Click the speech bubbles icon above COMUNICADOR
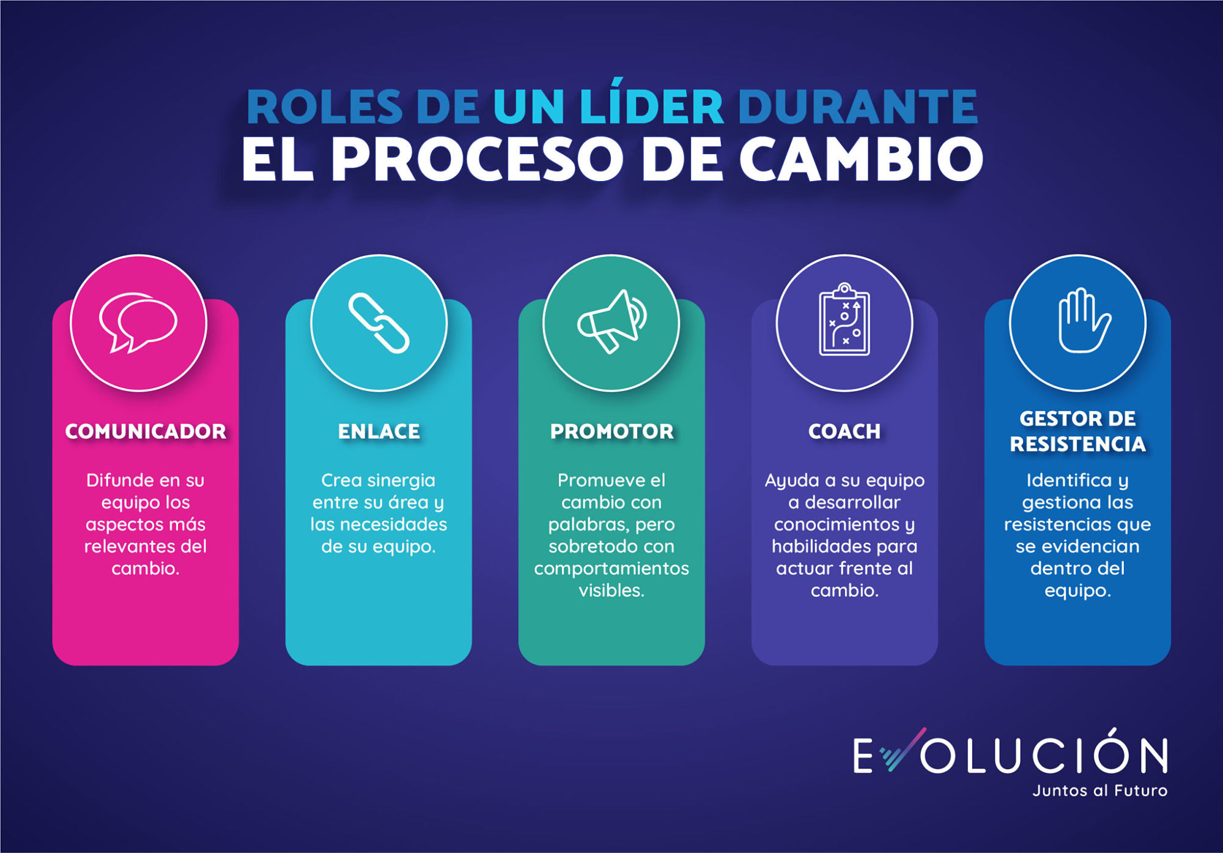[x=138, y=322]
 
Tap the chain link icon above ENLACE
[x=379, y=323]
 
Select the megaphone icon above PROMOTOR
[x=611, y=322]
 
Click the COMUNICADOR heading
[x=146, y=431]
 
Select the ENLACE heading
[x=379, y=431]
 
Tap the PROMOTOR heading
[x=611, y=431]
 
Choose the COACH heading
[x=844, y=431]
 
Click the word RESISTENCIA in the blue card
[x=1077, y=444]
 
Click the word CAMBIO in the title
[x=861, y=159]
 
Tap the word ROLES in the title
[x=324, y=108]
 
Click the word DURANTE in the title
[x=858, y=108]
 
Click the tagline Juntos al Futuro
[x=1099, y=791]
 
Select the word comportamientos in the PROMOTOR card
[x=611, y=568]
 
